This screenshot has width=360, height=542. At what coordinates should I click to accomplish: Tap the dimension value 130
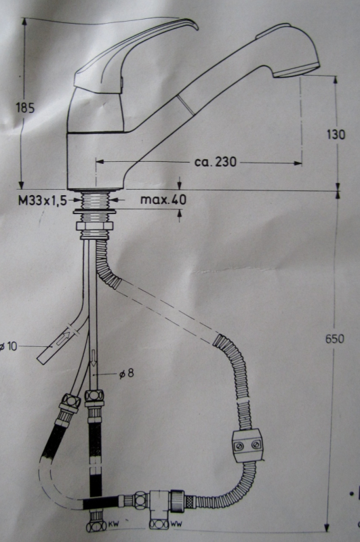(x=335, y=134)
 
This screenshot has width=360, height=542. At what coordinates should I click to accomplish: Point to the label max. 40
(x=163, y=200)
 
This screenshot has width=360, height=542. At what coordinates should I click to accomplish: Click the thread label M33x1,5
(x=44, y=200)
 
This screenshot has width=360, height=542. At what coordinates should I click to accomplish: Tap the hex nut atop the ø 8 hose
(x=94, y=397)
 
